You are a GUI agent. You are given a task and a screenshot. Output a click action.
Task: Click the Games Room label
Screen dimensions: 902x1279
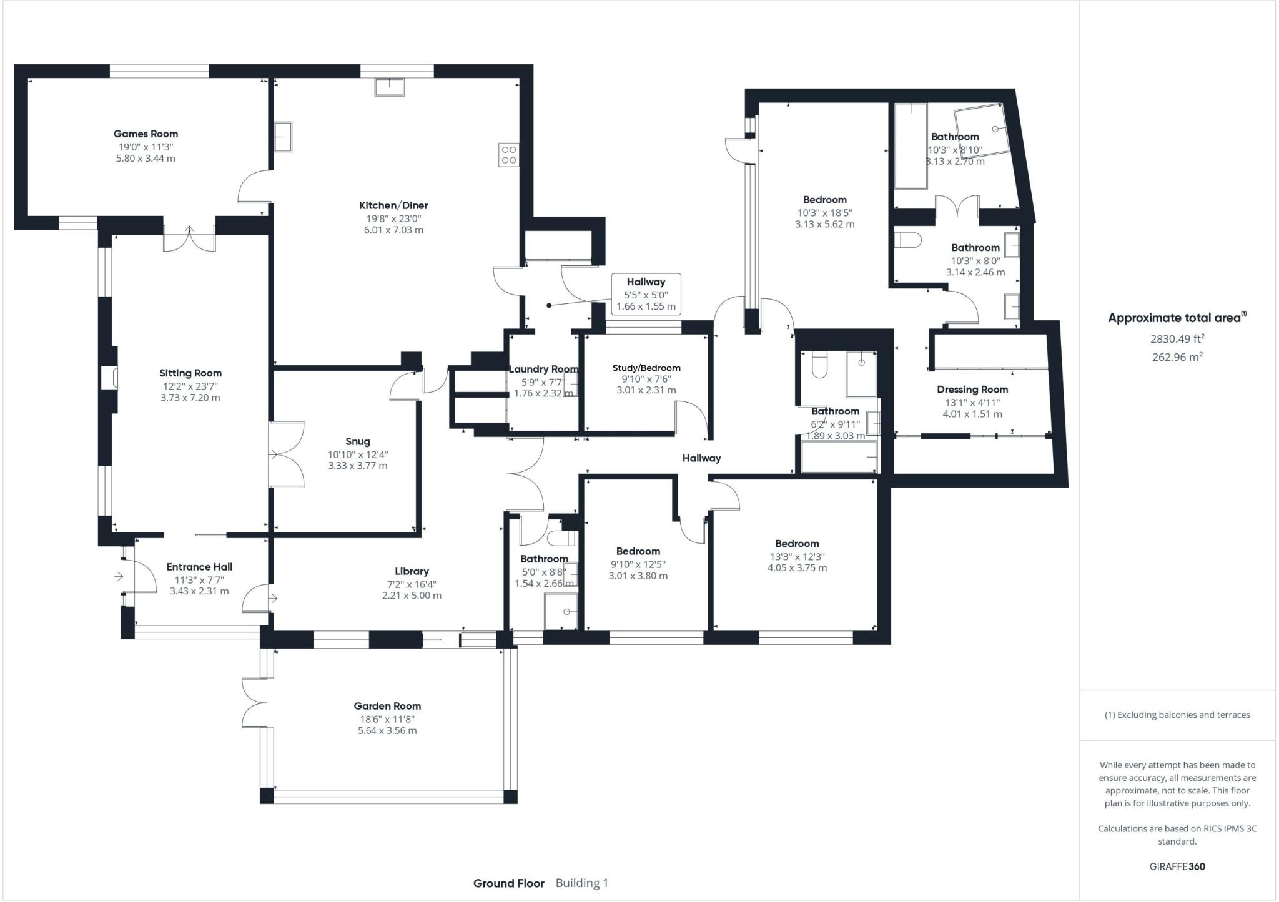pyautogui.click(x=146, y=134)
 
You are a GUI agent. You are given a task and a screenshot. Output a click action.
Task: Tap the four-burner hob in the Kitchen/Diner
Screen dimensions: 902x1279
pyautogui.click(x=508, y=155)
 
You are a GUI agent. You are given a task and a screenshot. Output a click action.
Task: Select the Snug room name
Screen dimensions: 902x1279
pyautogui.click(x=357, y=441)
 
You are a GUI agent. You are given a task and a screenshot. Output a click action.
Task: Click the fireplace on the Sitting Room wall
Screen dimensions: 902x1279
pyautogui.click(x=110, y=378)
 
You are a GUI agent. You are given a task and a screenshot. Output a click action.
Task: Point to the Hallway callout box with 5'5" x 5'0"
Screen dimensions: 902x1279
pyautogui.click(x=646, y=294)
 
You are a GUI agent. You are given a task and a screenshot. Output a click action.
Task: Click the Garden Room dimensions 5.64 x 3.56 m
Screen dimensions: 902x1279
pyautogui.click(x=387, y=730)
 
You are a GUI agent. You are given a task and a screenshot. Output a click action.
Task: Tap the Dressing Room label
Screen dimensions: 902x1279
pyautogui.click(x=972, y=390)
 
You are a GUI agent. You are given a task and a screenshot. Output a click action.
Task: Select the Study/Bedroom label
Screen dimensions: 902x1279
pyautogui.click(x=646, y=368)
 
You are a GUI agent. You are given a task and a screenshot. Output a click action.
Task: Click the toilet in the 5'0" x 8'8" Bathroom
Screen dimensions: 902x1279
pyautogui.click(x=561, y=537)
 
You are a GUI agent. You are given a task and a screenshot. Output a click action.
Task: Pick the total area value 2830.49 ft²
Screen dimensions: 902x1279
pyautogui.click(x=1177, y=339)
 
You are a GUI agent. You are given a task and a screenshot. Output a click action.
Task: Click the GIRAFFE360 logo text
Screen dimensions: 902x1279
pyautogui.click(x=1177, y=866)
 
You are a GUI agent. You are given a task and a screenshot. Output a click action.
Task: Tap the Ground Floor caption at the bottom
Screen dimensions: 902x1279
pyautogui.click(x=508, y=883)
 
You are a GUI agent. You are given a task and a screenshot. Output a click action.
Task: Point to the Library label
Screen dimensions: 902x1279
pyautogui.click(x=412, y=571)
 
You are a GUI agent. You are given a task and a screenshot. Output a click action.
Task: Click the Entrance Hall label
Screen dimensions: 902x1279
pyautogui.click(x=199, y=567)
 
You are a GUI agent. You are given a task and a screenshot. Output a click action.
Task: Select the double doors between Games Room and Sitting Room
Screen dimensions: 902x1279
pyautogui.click(x=189, y=239)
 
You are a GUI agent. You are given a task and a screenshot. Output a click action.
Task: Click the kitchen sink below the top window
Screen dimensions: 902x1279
pyautogui.click(x=390, y=86)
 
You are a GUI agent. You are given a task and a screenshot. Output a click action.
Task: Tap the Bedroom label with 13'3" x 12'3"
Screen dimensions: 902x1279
pyautogui.click(x=796, y=544)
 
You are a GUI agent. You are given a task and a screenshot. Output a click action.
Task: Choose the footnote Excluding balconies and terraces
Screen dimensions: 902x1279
pyautogui.click(x=1177, y=715)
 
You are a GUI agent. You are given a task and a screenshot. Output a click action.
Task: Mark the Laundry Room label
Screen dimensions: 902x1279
pyautogui.click(x=543, y=369)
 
